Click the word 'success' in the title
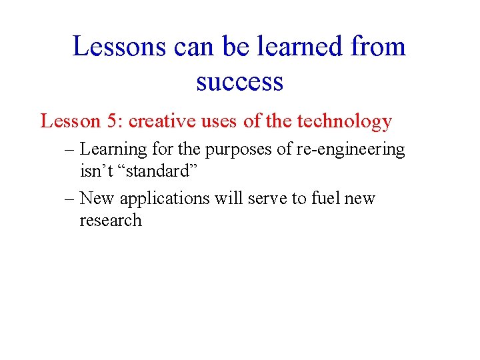coord(239,83)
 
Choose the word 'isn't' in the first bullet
coord(97,171)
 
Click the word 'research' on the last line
coord(111,221)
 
